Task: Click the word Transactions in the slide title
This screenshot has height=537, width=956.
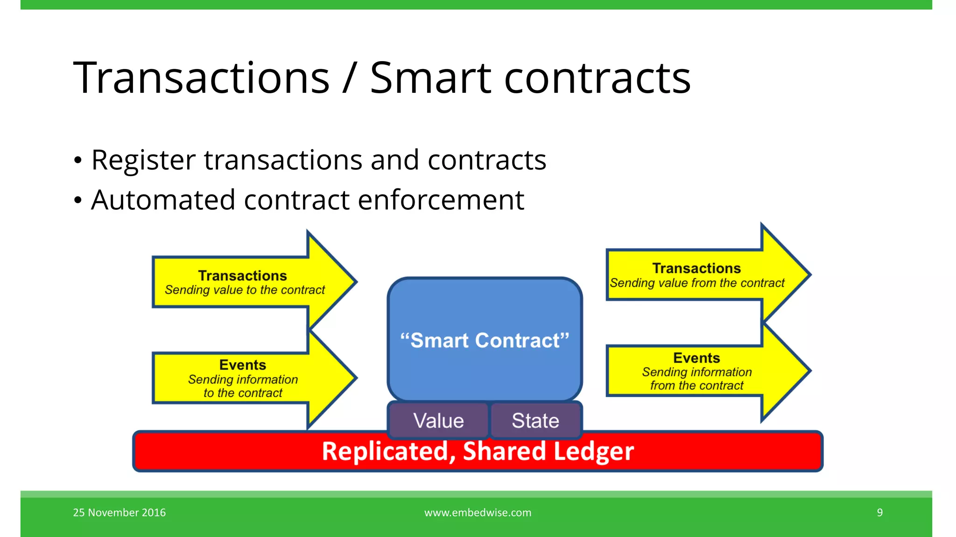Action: tap(201, 78)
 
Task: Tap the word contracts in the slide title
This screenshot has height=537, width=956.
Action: tap(597, 78)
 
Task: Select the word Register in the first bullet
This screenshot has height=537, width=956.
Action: tap(143, 160)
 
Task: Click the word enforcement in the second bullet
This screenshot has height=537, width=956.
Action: tap(441, 200)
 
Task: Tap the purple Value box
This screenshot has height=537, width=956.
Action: tap(438, 420)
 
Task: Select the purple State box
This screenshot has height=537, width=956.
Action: tap(535, 420)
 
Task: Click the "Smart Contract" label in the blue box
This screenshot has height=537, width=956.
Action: tap(485, 340)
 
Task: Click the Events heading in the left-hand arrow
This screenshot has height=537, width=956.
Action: tap(243, 365)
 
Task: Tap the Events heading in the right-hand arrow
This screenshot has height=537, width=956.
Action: tap(696, 358)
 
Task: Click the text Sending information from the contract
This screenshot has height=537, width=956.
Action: tap(696, 379)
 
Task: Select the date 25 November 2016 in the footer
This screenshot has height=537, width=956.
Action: tap(119, 512)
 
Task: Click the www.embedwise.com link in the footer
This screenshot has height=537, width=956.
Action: tap(478, 512)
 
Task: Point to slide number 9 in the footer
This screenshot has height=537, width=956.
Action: tap(879, 512)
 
